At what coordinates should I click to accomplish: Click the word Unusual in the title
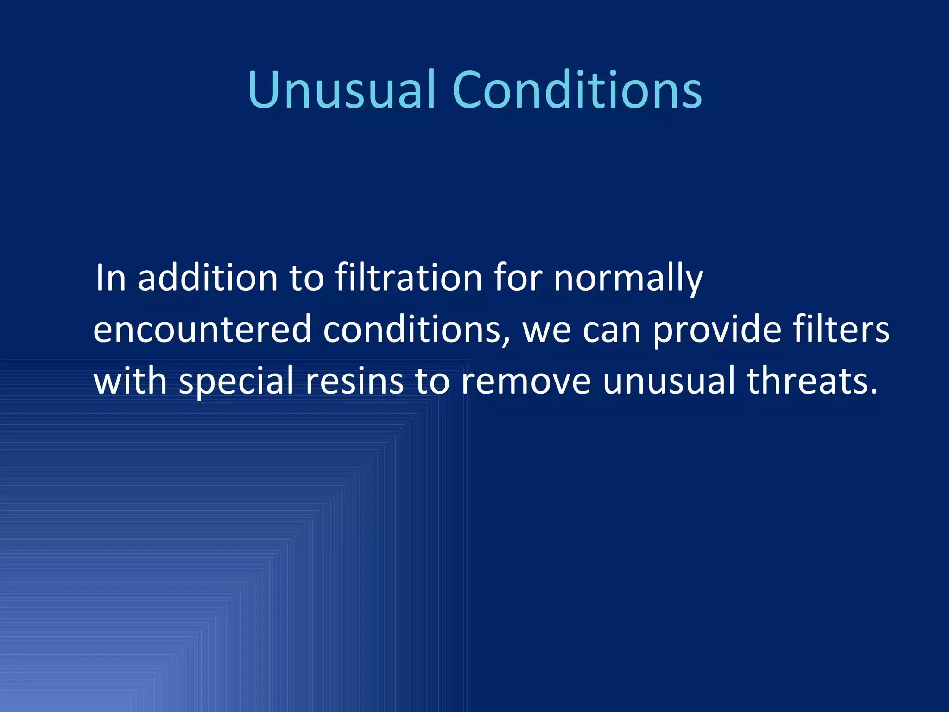[x=342, y=90]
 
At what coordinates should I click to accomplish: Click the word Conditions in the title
[x=576, y=90]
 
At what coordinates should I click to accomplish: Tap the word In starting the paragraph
[x=111, y=278]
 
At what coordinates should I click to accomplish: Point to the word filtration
[x=408, y=278]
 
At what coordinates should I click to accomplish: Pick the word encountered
[x=202, y=330]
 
